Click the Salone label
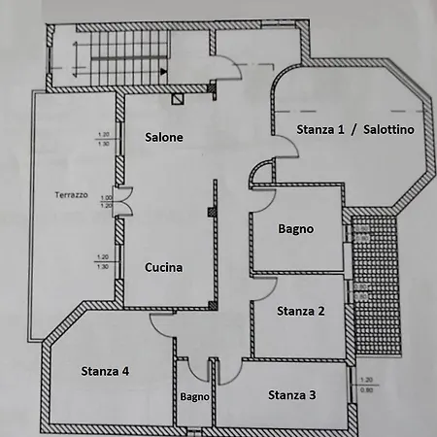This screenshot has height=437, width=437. click(x=164, y=138)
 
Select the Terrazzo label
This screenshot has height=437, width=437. click(x=71, y=196)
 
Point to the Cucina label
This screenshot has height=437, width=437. click(x=164, y=267)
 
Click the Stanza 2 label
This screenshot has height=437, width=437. click(x=300, y=312)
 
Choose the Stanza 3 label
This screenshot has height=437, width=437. click(x=291, y=394)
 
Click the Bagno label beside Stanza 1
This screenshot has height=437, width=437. click(x=295, y=230)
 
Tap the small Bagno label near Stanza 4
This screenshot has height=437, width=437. click(x=194, y=396)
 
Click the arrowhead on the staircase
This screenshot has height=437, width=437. click(x=166, y=71)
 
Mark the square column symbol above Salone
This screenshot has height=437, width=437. click(x=177, y=98)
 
